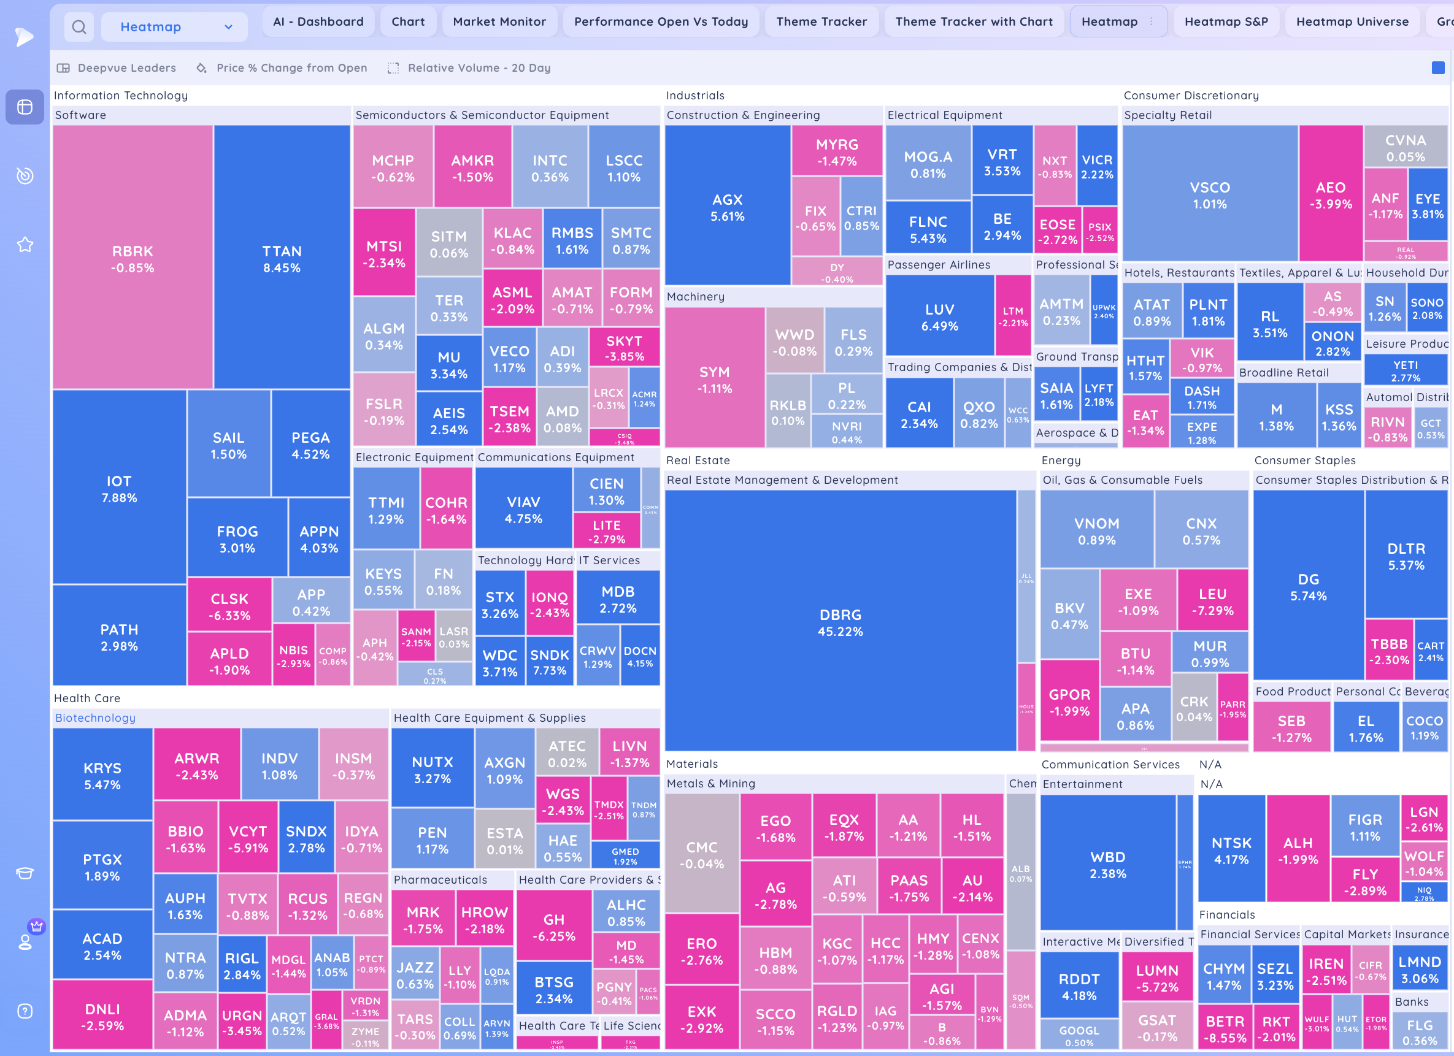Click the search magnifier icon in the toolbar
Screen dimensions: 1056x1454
coord(79,27)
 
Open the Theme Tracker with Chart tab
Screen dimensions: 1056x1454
coord(973,22)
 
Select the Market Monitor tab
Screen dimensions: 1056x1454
coord(499,22)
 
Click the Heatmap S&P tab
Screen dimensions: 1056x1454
coord(1226,22)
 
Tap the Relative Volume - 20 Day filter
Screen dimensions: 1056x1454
coord(479,68)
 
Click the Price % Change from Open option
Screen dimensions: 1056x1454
coord(291,68)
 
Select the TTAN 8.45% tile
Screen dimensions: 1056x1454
coord(282,258)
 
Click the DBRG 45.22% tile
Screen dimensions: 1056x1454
coord(840,622)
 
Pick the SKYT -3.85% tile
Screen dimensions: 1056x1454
coord(624,348)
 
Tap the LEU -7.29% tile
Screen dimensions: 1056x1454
coord(1212,601)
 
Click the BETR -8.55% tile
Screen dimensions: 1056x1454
coord(1225,1028)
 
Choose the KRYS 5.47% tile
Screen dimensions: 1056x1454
coord(102,775)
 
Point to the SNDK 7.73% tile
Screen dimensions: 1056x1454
coord(550,662)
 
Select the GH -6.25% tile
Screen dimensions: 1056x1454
coord(554,927)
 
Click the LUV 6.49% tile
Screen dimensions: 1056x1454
coord(939,316)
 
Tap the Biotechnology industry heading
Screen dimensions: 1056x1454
coord(95,717)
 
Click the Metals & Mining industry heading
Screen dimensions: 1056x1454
coord(710,783)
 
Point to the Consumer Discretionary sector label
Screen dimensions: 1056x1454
coord(1191,96)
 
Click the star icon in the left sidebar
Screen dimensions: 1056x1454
coord(25,244)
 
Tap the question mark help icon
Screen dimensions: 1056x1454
coord(25,1011)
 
